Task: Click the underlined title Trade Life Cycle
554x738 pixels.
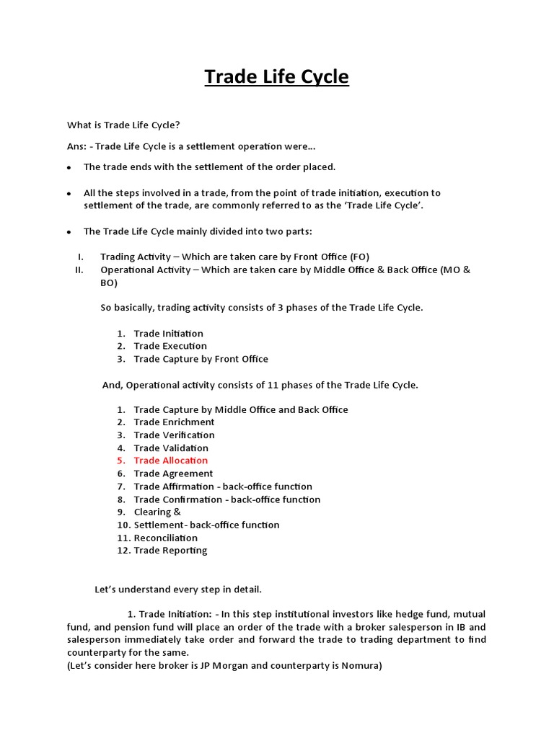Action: (276, 76)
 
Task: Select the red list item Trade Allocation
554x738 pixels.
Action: (170, 461)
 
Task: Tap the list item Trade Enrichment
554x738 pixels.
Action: (174, 422)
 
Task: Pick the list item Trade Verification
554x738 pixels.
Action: (174, 435)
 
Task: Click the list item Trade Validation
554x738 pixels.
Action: (170, 448)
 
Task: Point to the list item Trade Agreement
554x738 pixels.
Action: (173, 474)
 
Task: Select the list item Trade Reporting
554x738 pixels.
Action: (170, 551)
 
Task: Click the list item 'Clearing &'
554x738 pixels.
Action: (157, 512)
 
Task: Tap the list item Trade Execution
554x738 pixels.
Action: (170, 346)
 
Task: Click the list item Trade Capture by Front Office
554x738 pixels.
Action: (201, 359)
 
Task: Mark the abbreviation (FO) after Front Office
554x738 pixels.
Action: (359, 257)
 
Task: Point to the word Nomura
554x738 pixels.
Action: (358, 666)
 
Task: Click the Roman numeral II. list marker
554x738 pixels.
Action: (79, 270)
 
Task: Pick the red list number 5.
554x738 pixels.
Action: (120, 461)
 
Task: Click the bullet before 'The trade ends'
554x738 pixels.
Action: (69, 167)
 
